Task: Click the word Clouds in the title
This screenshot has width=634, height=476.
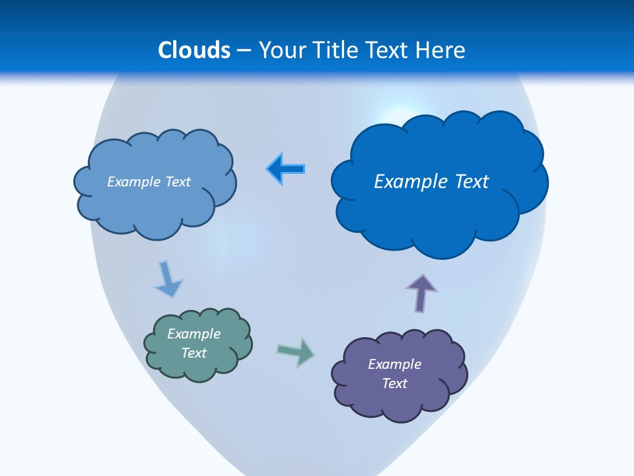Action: [x=194, y=50]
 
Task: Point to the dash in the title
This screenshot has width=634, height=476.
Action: [x=244, y=51]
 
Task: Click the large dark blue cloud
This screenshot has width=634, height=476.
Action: [x=439, y=218]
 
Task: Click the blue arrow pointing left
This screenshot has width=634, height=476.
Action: [x=286, y=169]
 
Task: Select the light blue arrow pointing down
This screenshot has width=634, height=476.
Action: [x=168, y=280]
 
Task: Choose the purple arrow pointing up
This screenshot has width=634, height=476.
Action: [x=421, y=292]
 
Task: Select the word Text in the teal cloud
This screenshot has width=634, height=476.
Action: [x=194, y=353]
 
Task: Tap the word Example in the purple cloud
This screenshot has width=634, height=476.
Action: [x=394, y=364]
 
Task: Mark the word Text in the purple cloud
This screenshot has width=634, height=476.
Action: [x=394, y=383]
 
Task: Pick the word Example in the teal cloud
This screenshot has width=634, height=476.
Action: [x=194, y=334]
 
